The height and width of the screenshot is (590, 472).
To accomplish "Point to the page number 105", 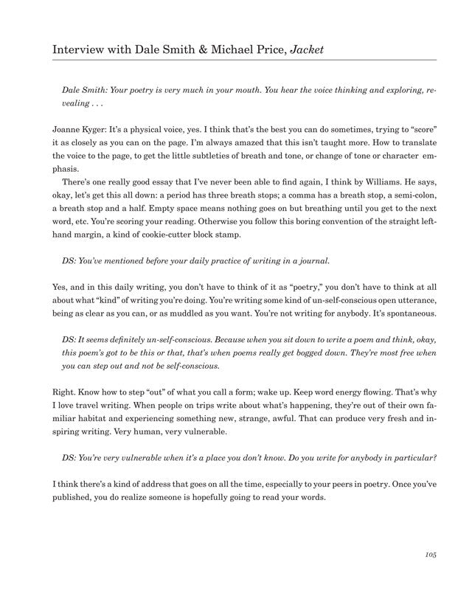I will tap(431, 553).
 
